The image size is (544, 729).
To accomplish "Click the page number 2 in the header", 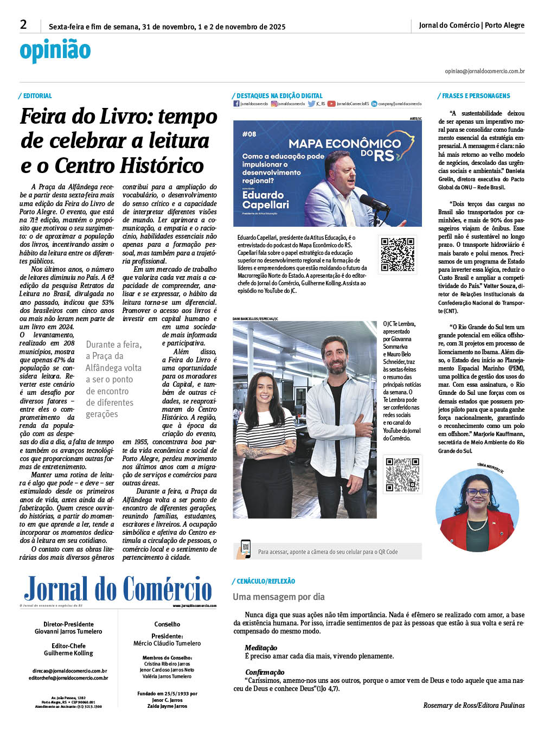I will tap(23, 24).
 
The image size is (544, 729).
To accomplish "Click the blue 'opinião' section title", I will tap(55, 51).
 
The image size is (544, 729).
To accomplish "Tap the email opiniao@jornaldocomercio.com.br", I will tap(484, 71).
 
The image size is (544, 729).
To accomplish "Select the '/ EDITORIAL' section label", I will tap(35, 96).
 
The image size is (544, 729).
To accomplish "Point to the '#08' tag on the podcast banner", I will tap(249, 134).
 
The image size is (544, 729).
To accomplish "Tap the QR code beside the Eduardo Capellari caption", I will tap(397, 254).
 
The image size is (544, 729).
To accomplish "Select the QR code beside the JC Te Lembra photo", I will tap(402, 475).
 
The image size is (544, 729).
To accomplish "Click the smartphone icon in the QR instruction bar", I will tap(245, 549).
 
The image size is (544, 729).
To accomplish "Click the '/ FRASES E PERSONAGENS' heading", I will tap(474, 96).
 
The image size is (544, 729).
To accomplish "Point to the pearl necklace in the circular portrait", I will tap(477, 525).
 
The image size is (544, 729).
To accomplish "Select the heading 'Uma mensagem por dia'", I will tap(279, 597).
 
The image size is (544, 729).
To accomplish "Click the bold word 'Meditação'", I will tap(261, 648).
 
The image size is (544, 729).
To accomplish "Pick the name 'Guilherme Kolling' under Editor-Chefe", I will tap(68, 653).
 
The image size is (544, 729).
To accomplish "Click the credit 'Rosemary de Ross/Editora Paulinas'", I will tap(473, 705).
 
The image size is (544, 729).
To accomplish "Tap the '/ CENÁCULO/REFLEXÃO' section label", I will tap(264, 581).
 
